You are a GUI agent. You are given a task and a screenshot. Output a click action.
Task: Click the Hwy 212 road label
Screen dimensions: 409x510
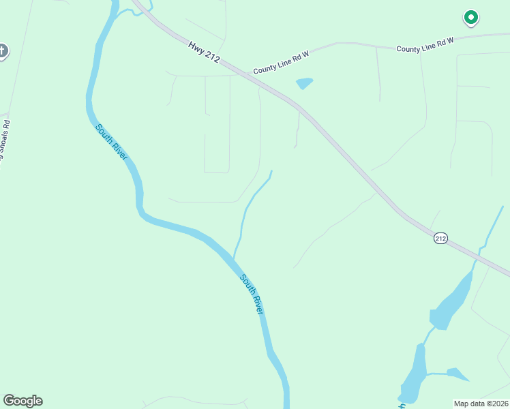point(204,52)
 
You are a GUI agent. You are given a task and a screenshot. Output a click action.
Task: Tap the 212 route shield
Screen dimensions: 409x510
point(440,238)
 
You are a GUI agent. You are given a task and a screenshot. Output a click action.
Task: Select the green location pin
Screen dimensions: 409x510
point(470,18)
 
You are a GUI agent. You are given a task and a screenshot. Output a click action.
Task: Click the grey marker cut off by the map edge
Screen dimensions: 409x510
point(3,51)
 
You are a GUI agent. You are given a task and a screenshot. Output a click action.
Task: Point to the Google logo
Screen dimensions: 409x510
point(22,401)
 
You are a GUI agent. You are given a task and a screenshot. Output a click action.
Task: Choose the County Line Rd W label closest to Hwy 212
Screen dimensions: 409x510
point(281,65)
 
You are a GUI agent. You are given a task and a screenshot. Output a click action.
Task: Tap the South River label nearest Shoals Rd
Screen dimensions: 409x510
point(111,142)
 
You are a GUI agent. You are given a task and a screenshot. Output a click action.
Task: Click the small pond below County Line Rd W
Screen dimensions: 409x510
point(304,83)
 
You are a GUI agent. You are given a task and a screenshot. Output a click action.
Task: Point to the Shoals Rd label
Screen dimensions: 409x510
point(6,143)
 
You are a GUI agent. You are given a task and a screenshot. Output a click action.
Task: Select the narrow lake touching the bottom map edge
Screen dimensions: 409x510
point(412,376)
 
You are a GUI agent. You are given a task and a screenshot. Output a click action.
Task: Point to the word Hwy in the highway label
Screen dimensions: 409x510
point(196,46)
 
